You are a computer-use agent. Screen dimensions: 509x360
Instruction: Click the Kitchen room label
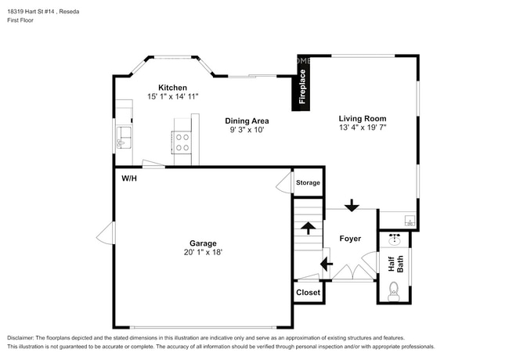(172, 88)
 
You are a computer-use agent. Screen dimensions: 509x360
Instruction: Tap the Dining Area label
(247, 121)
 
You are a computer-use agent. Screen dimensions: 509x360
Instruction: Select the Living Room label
(363, 119)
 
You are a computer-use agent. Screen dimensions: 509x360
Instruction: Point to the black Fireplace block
(301, 83)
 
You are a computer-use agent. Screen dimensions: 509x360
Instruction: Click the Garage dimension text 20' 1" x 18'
(203, 252)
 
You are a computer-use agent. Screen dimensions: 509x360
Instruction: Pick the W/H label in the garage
(129, 178)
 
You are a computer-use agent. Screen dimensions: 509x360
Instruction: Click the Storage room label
(308, 183)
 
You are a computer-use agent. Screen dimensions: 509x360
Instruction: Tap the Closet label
(308, 293)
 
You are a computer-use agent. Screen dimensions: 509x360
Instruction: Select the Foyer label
(350, 239)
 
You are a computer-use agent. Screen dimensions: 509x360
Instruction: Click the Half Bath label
(395, 264)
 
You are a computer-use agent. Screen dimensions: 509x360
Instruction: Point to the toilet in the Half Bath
(394, 292)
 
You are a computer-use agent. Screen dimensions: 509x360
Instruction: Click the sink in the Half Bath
(395, 239)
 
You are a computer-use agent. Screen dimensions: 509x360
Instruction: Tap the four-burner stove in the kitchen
(182, 142)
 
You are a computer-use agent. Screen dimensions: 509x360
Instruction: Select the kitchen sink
(124, 138)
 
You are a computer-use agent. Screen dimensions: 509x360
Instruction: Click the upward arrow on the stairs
(308, 228)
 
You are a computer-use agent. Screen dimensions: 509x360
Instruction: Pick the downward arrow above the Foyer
(352, 205)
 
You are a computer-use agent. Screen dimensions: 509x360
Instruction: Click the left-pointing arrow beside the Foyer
(327, 264)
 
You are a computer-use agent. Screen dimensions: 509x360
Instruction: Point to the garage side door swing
(106, 233)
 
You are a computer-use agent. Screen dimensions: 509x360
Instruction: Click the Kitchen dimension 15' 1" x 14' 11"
(172, 96)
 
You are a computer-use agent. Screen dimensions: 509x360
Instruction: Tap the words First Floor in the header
(20, 20)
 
